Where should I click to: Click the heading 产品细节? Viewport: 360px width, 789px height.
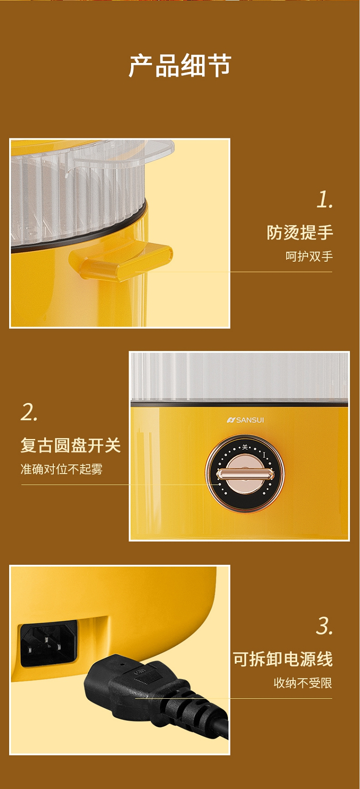(180, 65)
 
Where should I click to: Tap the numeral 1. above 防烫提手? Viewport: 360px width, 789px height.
(324, 200)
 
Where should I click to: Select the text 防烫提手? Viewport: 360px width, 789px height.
(300, 232)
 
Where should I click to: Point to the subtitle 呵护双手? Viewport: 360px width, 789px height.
(309, 256)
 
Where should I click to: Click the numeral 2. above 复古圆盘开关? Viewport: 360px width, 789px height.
(29, 412)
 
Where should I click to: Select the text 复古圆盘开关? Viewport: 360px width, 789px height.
(71, 445)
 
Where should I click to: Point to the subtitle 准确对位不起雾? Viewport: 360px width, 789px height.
(61, 469)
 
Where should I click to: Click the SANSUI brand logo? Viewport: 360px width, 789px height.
(245, 420)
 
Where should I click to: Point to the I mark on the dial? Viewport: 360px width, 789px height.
(264, 455)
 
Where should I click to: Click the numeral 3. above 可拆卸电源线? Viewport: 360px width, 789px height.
(324, 626)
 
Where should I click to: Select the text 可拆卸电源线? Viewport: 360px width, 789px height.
(283, 659)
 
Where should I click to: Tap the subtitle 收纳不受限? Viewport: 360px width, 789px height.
(303, 683)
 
